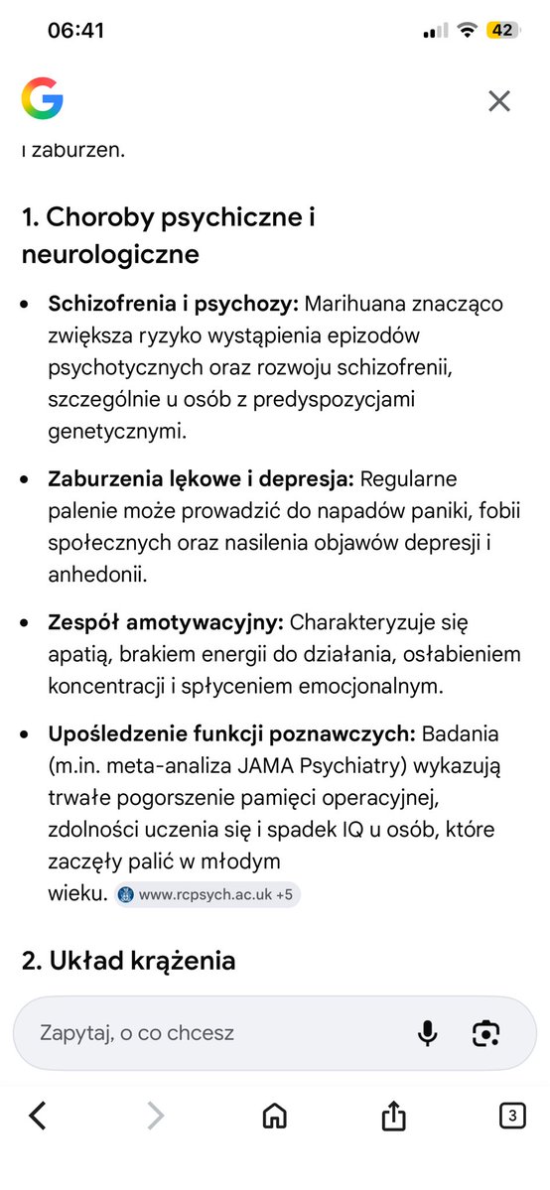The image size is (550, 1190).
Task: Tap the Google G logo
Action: pos(43,99)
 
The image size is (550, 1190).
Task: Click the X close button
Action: pos(498,99)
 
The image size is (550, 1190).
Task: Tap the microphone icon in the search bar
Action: pos(427,1032)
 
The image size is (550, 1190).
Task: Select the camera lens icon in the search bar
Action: pos(484,1032)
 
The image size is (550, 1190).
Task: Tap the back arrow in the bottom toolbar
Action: pos(38,1117)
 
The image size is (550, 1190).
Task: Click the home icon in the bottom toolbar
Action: pos(274,1117)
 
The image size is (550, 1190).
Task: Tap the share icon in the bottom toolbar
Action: pos(393,1117)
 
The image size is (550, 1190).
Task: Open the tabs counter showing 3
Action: pos(511,1117)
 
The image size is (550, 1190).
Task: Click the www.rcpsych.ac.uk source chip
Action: pos(206,894)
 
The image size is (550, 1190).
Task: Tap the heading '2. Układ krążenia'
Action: pos(128,961)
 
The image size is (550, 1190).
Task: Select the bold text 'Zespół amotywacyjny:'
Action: pos(166,622)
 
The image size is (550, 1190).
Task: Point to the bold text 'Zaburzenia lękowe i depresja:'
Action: pos(201,479)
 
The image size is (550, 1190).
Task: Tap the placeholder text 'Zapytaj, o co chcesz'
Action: pos(137,1032)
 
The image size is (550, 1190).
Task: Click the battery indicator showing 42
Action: pos(503,30)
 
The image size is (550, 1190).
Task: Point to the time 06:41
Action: pos(75,30)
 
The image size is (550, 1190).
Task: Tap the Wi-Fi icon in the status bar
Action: pos(466,30)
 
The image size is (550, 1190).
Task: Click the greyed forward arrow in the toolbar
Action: pos(155,1117)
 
